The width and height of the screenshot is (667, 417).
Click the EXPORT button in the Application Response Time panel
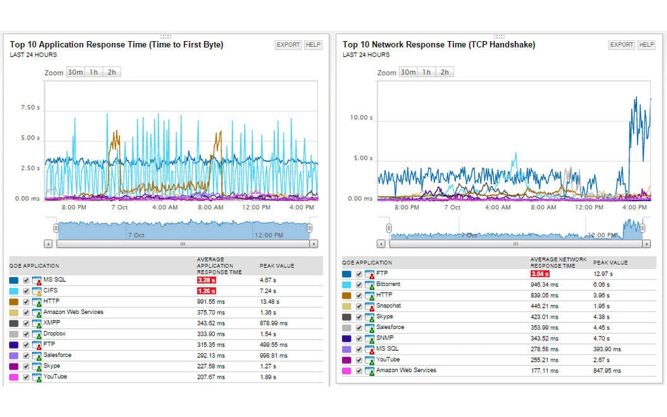(288, 45)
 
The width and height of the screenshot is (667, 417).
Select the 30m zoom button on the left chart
(75, 72)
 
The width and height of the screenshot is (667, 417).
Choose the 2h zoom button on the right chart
(444, 72)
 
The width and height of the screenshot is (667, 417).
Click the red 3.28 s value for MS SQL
(206, 280)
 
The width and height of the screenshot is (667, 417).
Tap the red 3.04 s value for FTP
(540, 274)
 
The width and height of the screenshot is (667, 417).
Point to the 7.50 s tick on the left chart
(30, 108)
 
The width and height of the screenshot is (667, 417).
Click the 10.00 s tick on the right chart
(362, 118)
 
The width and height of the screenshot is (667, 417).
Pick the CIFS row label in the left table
(51, 291)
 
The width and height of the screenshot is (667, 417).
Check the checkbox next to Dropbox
(26, 334)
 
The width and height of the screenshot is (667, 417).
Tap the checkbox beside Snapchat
(359, 306)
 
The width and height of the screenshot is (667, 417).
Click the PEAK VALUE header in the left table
(277, 266)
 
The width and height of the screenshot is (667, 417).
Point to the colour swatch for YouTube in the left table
(14, 377)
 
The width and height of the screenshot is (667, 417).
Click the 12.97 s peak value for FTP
(603, 274)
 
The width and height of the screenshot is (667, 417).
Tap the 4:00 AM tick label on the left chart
(165, 207)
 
